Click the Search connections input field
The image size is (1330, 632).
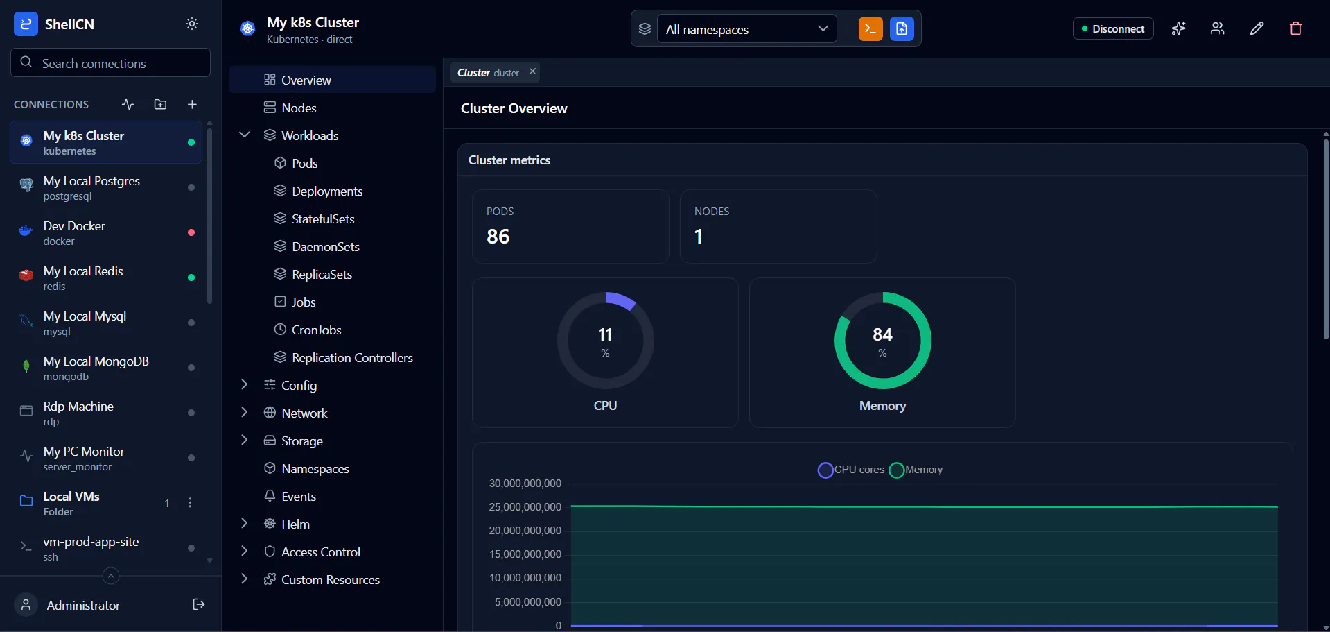pyautogui.click(x=111, y=63)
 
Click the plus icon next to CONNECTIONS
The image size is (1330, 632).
pyautogui.click(x=192, y=104)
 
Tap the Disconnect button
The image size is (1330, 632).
pyautogui.click(x=1113, y=28)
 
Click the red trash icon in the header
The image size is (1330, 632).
pyautogui.click(x=1295, y=28)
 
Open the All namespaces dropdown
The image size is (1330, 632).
pyautogui.click(x=746, y=29)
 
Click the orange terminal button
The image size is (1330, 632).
pyautogui.click(x=870, y=28)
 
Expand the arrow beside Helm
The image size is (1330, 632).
pyautogui.click(x=244, y=523)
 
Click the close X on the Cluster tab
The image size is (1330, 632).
pyautogui.click(x=532, y=71)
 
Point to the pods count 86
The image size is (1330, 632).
pyautogui.click(x=498, y=237)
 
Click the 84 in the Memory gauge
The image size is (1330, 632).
pyautogui.click(x=882, y=334)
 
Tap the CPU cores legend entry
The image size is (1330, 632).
pyautogui.click(x=851, y=470)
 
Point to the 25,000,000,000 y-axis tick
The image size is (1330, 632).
pyautogui.click(x=525, y=507)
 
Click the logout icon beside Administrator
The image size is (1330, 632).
pyautogui.click(x=198, y=604)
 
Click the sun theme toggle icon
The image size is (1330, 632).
pyautogui.click(x=192, y=24)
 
